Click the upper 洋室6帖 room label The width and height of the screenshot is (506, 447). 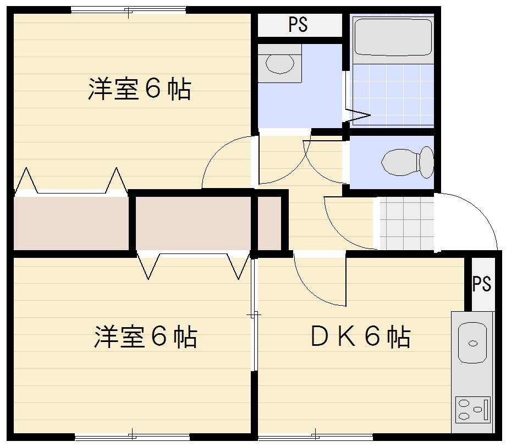139,89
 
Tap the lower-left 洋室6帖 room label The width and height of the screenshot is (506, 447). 145,336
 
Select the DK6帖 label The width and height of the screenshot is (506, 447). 360,336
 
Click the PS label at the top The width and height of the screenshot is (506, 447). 298,25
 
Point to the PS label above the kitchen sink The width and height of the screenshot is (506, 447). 481,284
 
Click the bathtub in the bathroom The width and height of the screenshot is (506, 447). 392,37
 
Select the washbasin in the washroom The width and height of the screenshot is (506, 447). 280,63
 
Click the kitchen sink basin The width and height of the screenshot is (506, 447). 472,343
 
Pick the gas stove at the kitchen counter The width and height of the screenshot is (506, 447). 472,409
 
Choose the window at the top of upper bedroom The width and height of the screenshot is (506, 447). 128,10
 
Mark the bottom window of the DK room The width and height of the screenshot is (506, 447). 315,437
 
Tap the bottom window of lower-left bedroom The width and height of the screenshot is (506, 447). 132,437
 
